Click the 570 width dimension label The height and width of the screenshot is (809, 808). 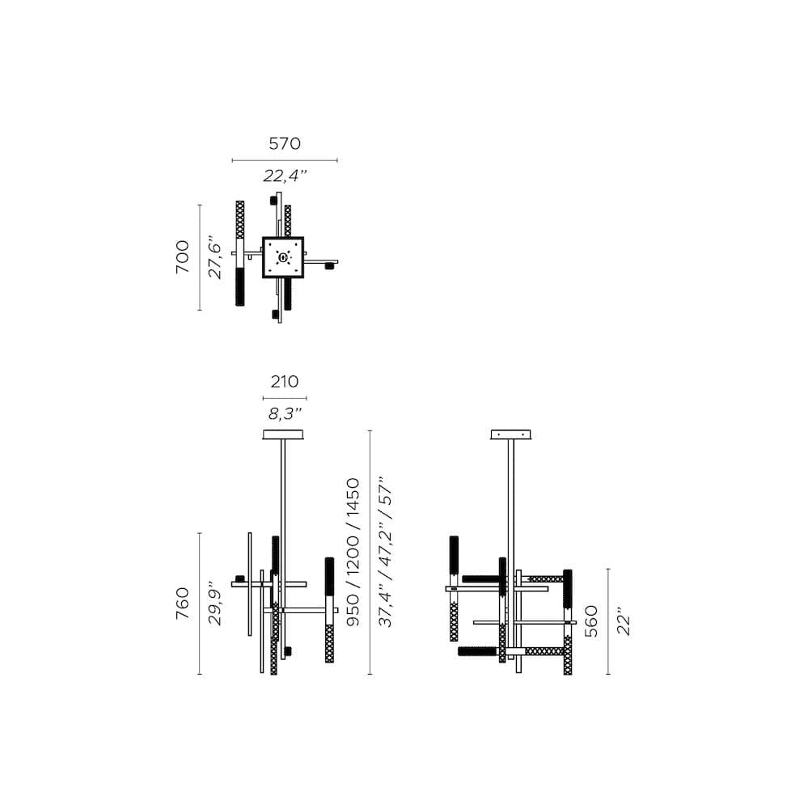pyautogui.click(x=285, y=144)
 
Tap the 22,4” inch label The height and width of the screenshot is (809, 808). pyautogui.click(x=285, y=176)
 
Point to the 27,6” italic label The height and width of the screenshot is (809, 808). pyautogui.click(x=215, y=256)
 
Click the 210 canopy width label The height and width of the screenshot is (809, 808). pyautogui.click(x=284, y=381)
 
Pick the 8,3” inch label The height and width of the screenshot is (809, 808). pyautogui.click(x=284, y=413)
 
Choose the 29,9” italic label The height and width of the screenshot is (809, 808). pyautogui.click(x=215, y=604)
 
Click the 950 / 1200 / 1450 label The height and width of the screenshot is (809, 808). pyautogui.click(x=353, y=553)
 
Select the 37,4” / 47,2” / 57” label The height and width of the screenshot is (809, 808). pyautogui.click(x=386, y=553)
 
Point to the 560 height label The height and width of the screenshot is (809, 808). pyautogui.click(x=592, y=621)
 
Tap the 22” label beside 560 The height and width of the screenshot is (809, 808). pyautogui.click(x=624, y=621)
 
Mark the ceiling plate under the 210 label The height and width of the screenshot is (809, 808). pyautogui.click(x=284, y=435)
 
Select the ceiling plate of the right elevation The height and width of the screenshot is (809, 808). pyautogui.click(x=512, y=435)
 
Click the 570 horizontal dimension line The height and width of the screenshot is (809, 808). pyautogui.click(x=285, y=160)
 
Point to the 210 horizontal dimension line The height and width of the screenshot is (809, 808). pyautogui.click(x=284, y=398)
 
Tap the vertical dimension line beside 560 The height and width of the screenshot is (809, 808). pyautogui.click(x=608, y=621)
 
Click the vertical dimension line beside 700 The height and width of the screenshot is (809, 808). pyautogui.click(x=200, y=257)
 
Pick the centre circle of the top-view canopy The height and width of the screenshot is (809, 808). pyautogui.click(x=282, y=258)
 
